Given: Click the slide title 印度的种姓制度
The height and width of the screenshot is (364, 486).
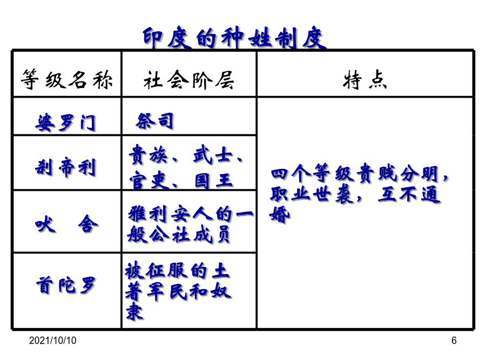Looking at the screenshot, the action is click(x=235, y=38).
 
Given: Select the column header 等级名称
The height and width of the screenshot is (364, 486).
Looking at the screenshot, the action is click(x=66, y=80).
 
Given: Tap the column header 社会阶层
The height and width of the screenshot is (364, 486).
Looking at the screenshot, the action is click(x=189, y=80).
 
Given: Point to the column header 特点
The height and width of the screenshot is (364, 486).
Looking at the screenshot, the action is click(x=365, y=80).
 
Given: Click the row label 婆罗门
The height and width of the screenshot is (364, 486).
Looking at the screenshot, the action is click(x=65, y=122).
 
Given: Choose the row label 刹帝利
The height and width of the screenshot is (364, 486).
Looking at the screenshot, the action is click(x=65, y=167).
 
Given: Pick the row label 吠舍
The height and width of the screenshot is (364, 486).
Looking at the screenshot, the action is click(x=66, y=224).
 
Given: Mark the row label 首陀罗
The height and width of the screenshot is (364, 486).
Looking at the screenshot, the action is click(x=66, y=285).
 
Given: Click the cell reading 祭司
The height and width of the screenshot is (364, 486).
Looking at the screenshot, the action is click(x=154, y=121).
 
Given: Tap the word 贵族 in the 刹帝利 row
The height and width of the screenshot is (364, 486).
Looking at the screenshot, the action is click(x=148, y=155).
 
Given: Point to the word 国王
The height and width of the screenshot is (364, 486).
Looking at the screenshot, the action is click(x=213, y=181).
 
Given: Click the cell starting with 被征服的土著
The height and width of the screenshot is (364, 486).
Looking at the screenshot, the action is click(x=178, y=291).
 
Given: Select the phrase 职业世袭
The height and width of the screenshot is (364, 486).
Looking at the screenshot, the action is click(x=312, y=194).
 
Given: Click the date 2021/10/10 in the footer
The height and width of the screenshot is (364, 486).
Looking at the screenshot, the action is click(x=53, y=340).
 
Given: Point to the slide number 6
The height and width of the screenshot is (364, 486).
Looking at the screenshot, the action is click(x=454, y=340).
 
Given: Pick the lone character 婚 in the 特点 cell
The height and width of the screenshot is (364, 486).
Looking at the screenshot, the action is click(x=280, y=215).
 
